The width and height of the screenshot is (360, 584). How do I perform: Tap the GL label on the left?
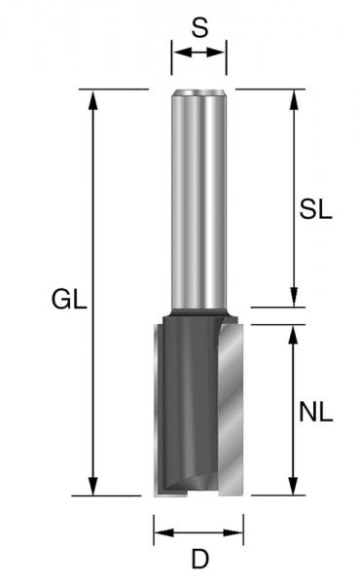tap(68, 301)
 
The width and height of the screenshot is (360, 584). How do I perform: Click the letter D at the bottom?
tap(199, 560)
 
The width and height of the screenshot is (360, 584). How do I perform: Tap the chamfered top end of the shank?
tap(199, 93)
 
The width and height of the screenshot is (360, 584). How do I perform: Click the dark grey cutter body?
tap(190, 409)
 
